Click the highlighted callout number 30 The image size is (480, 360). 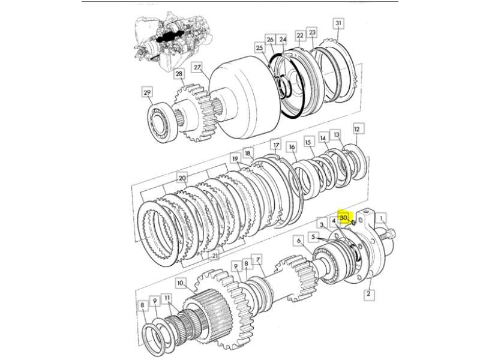pos(343,218)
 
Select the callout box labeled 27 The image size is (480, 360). pos(197,67)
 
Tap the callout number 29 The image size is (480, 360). pos(147,92)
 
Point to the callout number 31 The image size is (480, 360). pos(338,23)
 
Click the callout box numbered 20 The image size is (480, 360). pos(182,178)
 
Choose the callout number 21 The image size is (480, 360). pos(215,256)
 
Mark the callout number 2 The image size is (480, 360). pos(368,294)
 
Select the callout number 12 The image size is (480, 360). pos(357,129)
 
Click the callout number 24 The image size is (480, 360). pos(283,40)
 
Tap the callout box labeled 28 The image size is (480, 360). pos(179,74)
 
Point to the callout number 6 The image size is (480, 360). pos(299,241)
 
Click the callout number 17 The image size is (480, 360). pos(277,145)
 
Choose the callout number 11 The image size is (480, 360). pos(167,298)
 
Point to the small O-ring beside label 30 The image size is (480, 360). pos(353,223)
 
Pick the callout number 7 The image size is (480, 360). pos(258,260)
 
